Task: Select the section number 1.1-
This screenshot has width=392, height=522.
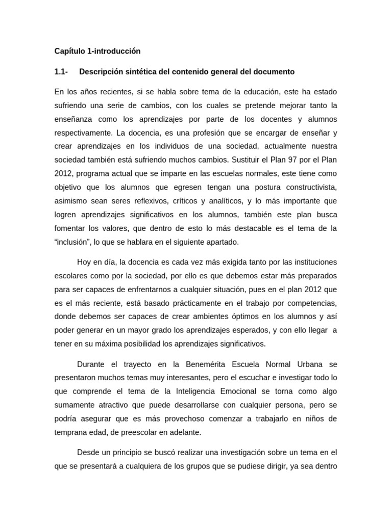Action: pos(61,72)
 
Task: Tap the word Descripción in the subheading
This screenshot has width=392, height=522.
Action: pos(100,72)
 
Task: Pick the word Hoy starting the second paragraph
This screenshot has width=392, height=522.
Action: pos(85,262)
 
